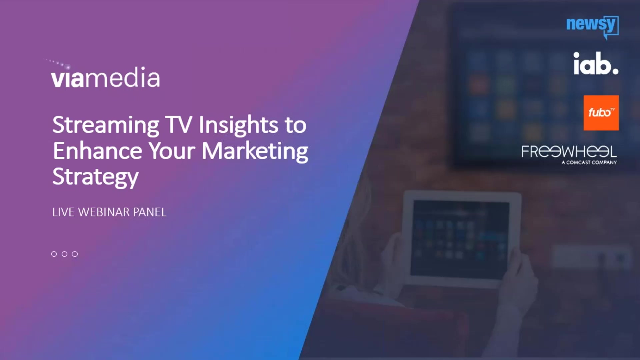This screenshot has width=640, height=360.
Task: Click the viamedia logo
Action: coord(105,77)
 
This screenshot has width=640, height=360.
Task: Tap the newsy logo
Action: coord(592,25)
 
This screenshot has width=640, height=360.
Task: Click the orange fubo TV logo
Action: coord(601,113)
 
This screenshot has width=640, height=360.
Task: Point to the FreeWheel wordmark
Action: coord(569,152)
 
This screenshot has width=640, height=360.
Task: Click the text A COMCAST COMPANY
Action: coord(589,163)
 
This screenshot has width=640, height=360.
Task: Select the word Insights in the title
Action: coord(238,125)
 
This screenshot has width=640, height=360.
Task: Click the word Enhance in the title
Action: coord(97,151)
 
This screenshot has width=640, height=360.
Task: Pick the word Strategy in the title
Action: coord(95,177)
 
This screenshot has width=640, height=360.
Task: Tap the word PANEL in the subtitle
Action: coord(150,212)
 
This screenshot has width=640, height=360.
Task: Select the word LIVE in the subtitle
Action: coord(63,212)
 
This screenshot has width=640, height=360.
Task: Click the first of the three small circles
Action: coord(54,254)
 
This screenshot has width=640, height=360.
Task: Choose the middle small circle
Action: coord(65,254)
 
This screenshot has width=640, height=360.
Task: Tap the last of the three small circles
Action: coord(75,254)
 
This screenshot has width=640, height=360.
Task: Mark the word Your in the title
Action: coord(172,151)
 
